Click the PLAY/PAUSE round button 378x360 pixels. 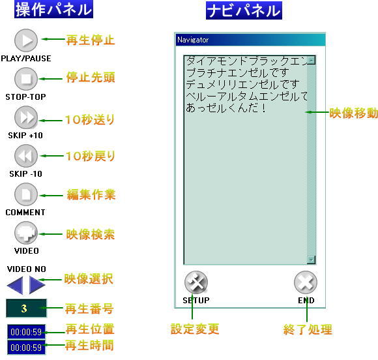(26, 40)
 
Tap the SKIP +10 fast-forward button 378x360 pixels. (26, 117)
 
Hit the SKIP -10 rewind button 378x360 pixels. (26, 156)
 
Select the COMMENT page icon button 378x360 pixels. (26, 194)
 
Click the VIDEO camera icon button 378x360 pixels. (26, 233)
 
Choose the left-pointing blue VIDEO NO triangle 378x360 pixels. (16, 286)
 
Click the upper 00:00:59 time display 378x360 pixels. (26, 332)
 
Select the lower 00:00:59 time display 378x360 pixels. (26, 348)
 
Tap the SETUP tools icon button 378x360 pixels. (196, 282)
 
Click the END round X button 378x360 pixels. (306, 282)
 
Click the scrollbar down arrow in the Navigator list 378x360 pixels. (312, 260)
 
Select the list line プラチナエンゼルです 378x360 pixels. (238, 72)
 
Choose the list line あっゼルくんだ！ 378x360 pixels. (226, 108)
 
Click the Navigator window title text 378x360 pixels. (193, 40)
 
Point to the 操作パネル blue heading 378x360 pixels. (53, 9)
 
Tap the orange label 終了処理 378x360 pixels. (308, 329)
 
